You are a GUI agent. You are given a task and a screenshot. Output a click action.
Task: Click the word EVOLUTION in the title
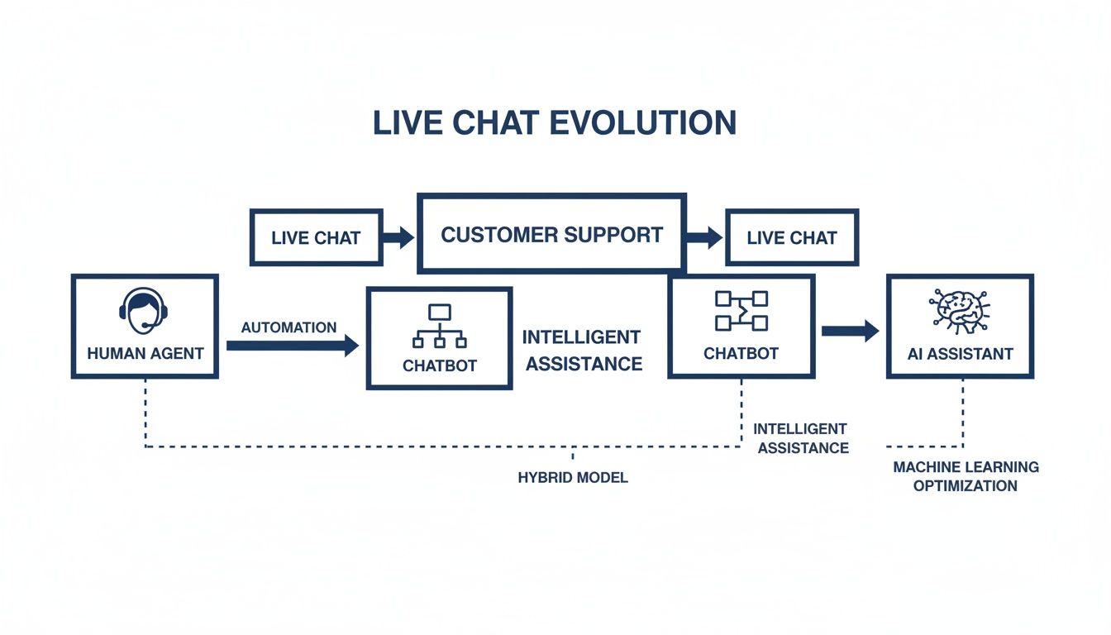coord(642,123)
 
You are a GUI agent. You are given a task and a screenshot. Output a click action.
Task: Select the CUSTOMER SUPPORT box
coord(551,234)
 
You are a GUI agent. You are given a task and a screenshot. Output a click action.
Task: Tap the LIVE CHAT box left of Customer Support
coord(316,238)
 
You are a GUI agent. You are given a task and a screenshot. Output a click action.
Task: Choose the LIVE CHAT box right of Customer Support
coord(791,238)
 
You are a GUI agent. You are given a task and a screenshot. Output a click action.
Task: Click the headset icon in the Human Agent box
coord(145,310)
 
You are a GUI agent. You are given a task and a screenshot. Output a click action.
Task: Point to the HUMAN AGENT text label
coord(145,353)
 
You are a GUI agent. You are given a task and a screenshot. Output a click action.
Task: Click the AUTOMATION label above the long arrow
coord(288,327)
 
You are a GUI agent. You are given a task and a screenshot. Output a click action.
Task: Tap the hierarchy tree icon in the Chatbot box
coord(439,327)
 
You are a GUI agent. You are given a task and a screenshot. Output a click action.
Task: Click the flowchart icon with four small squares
coord(741,312)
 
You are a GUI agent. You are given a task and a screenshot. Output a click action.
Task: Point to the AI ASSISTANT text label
coord(960,353)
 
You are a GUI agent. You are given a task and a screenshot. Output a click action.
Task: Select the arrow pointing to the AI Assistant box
coord(850,332)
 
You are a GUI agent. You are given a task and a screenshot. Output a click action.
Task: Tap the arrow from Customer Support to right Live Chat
coord(704,238)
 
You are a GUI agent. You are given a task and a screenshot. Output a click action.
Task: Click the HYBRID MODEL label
coord(572,478)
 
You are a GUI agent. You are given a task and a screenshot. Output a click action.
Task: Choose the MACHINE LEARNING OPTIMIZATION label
coord(966,476)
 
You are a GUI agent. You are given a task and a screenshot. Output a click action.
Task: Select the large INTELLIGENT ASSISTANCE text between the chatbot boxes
coord(583,351)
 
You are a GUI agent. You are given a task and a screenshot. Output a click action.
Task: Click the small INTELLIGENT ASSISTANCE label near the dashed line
coord(800,438)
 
